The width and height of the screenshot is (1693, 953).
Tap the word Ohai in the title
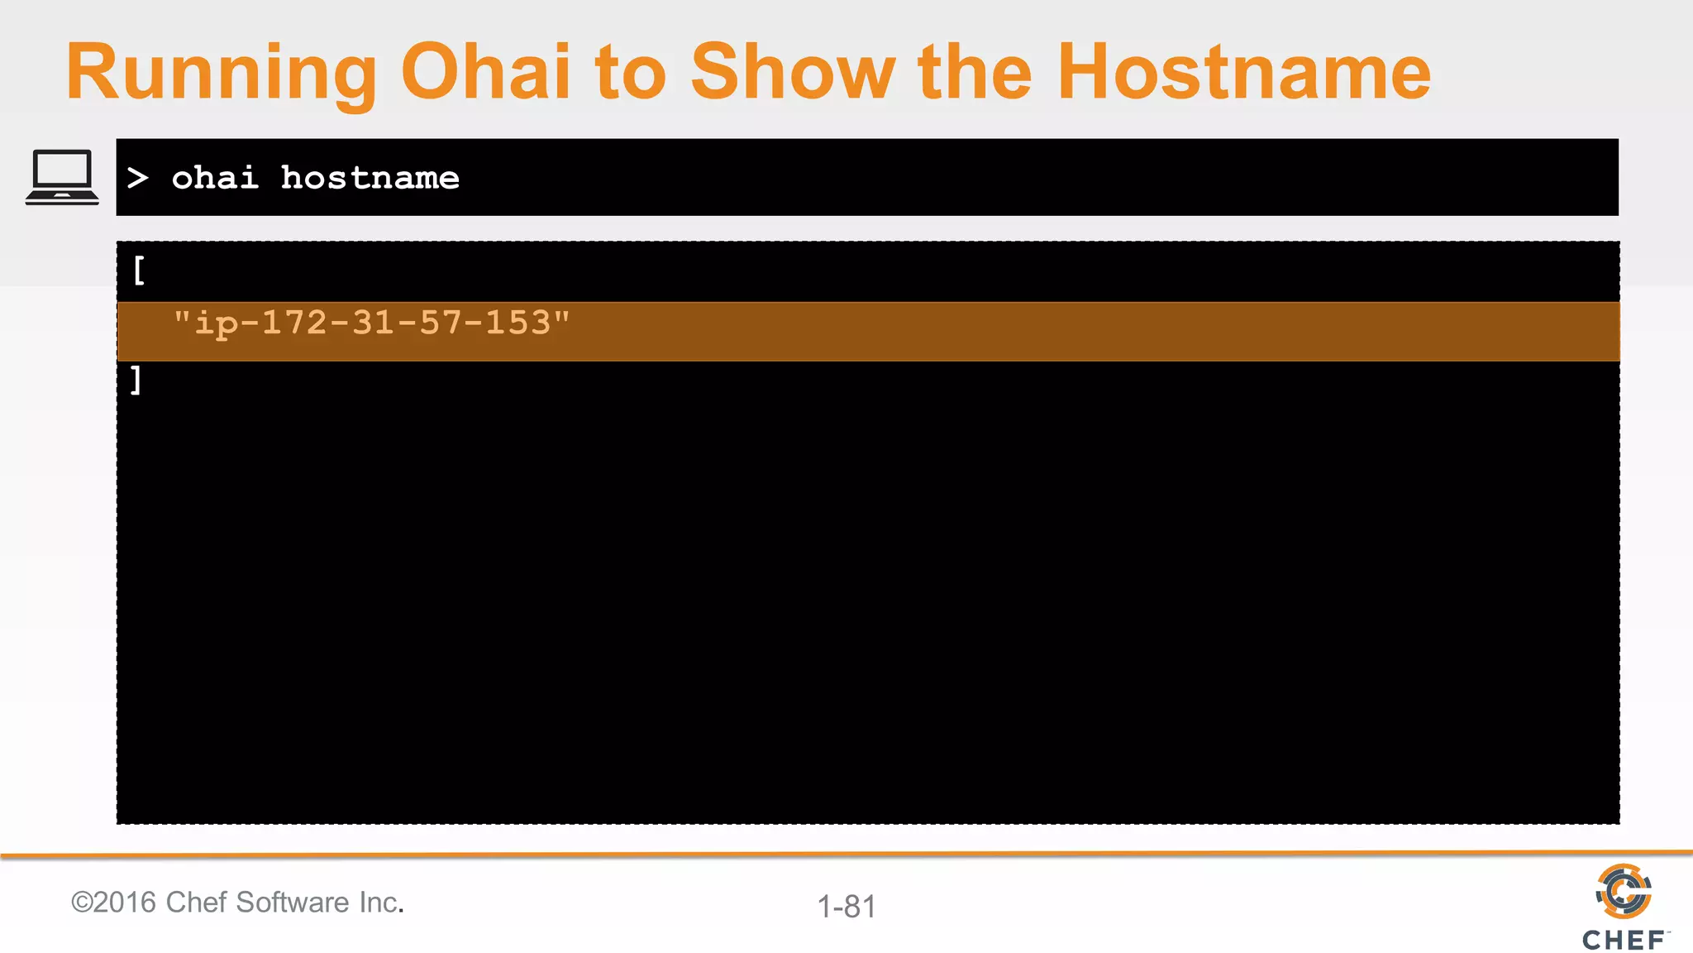[x=485, y=73]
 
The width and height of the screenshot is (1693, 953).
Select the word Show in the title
[x=792, y=73]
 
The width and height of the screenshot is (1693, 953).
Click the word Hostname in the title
[x=1243, y=73]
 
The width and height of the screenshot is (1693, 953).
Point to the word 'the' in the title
[x=975, y=73]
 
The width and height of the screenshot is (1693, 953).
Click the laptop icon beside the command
[x=62, y=177]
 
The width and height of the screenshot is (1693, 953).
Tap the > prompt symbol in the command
[x=138, y=178]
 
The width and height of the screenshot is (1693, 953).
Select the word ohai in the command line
[x=215, y=178]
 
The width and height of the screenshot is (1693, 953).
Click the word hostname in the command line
[x=370, y=178]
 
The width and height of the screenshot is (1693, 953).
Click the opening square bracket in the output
[x=139, y=271]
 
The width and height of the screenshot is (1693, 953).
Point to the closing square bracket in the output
[x=136, y=381]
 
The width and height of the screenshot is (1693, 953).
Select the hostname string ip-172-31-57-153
[x=371, y=323]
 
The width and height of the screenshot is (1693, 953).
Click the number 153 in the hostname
[x=517, y=323]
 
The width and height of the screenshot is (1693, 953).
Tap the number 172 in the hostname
[x=294, y=323]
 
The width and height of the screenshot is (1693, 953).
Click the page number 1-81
[x=846, y=907]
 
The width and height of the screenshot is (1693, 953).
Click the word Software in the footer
[x=293, y=902]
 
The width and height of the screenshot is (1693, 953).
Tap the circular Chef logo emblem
[x=1624, y=891]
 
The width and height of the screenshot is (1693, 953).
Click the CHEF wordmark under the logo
[x=1624, y=940]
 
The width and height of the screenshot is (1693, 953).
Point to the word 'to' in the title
[x=630, y=73]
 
